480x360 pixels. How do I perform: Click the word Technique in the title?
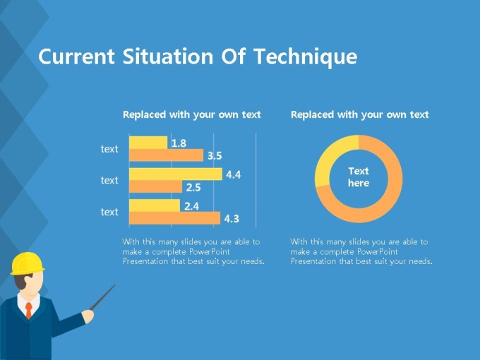(306, 56)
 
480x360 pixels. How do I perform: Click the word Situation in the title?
(168, 56)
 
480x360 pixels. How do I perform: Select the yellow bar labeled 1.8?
(148, 143)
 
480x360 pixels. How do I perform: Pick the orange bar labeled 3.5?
(166, 155)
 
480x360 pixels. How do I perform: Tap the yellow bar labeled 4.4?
(175, 174)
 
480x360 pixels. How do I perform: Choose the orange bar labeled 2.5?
(155, 186)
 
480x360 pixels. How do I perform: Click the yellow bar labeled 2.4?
(155, 205)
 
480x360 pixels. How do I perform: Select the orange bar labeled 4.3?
(174, 217)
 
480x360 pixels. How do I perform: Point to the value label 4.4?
(233, 174)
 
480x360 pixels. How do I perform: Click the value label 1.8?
(179, 143)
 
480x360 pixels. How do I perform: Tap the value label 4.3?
(232, 219)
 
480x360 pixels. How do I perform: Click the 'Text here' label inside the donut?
(359, 177)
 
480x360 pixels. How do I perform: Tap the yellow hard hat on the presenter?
(27, 263)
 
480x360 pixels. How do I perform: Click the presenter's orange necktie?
(29, 310)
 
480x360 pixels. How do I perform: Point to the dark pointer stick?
(102, 297)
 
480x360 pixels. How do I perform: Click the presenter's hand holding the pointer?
(88, 316)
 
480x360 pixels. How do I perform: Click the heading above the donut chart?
(360, 114)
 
